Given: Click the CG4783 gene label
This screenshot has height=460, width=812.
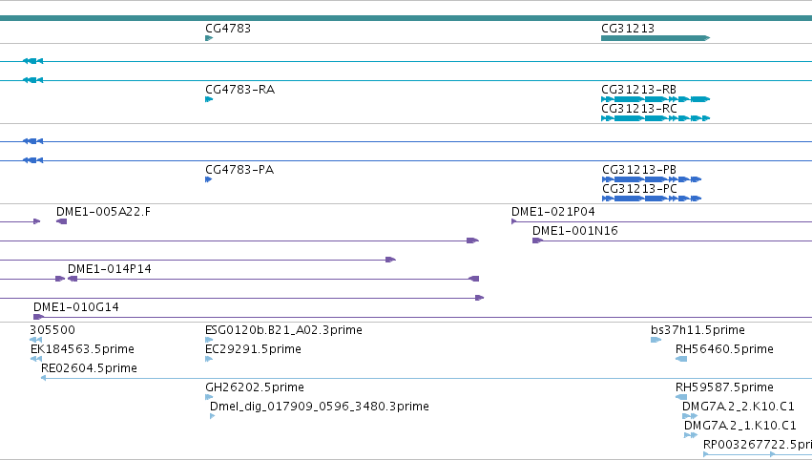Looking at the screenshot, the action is [228, 29].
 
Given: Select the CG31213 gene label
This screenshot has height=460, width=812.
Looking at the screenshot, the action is [628, 29].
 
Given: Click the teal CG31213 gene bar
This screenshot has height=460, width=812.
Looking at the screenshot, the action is [656, 38].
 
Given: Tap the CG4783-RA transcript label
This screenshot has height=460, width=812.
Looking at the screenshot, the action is [239, 90].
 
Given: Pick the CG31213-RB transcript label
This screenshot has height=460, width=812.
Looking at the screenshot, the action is [639, 90].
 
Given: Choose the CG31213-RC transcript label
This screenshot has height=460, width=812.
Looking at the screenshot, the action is [639, 109].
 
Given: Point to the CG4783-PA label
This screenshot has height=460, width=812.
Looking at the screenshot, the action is [239, 170].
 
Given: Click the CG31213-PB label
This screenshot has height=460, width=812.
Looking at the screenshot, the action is [639, 170].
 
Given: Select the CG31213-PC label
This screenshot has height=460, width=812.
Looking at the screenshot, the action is [639, 189].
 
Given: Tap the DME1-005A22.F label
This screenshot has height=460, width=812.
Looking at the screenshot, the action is [104, 212].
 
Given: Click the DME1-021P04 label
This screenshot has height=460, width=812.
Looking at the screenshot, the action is [553, 212].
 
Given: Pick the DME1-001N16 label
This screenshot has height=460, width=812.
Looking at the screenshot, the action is [575, 231].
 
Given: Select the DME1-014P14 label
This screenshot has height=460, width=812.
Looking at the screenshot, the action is [110, 269].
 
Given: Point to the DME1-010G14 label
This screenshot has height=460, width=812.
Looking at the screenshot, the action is [76, 307].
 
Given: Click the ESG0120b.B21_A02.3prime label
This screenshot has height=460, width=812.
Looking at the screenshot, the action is [283, 330].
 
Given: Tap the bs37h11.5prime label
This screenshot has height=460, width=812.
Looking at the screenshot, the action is [697, 330].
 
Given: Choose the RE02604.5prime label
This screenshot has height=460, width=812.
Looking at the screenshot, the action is [89, 368].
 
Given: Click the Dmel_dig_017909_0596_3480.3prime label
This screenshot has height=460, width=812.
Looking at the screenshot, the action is [320, 407].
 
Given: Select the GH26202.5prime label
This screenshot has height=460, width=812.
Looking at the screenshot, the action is [255, 387].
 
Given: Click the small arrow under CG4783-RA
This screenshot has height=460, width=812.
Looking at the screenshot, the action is [209, 99].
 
